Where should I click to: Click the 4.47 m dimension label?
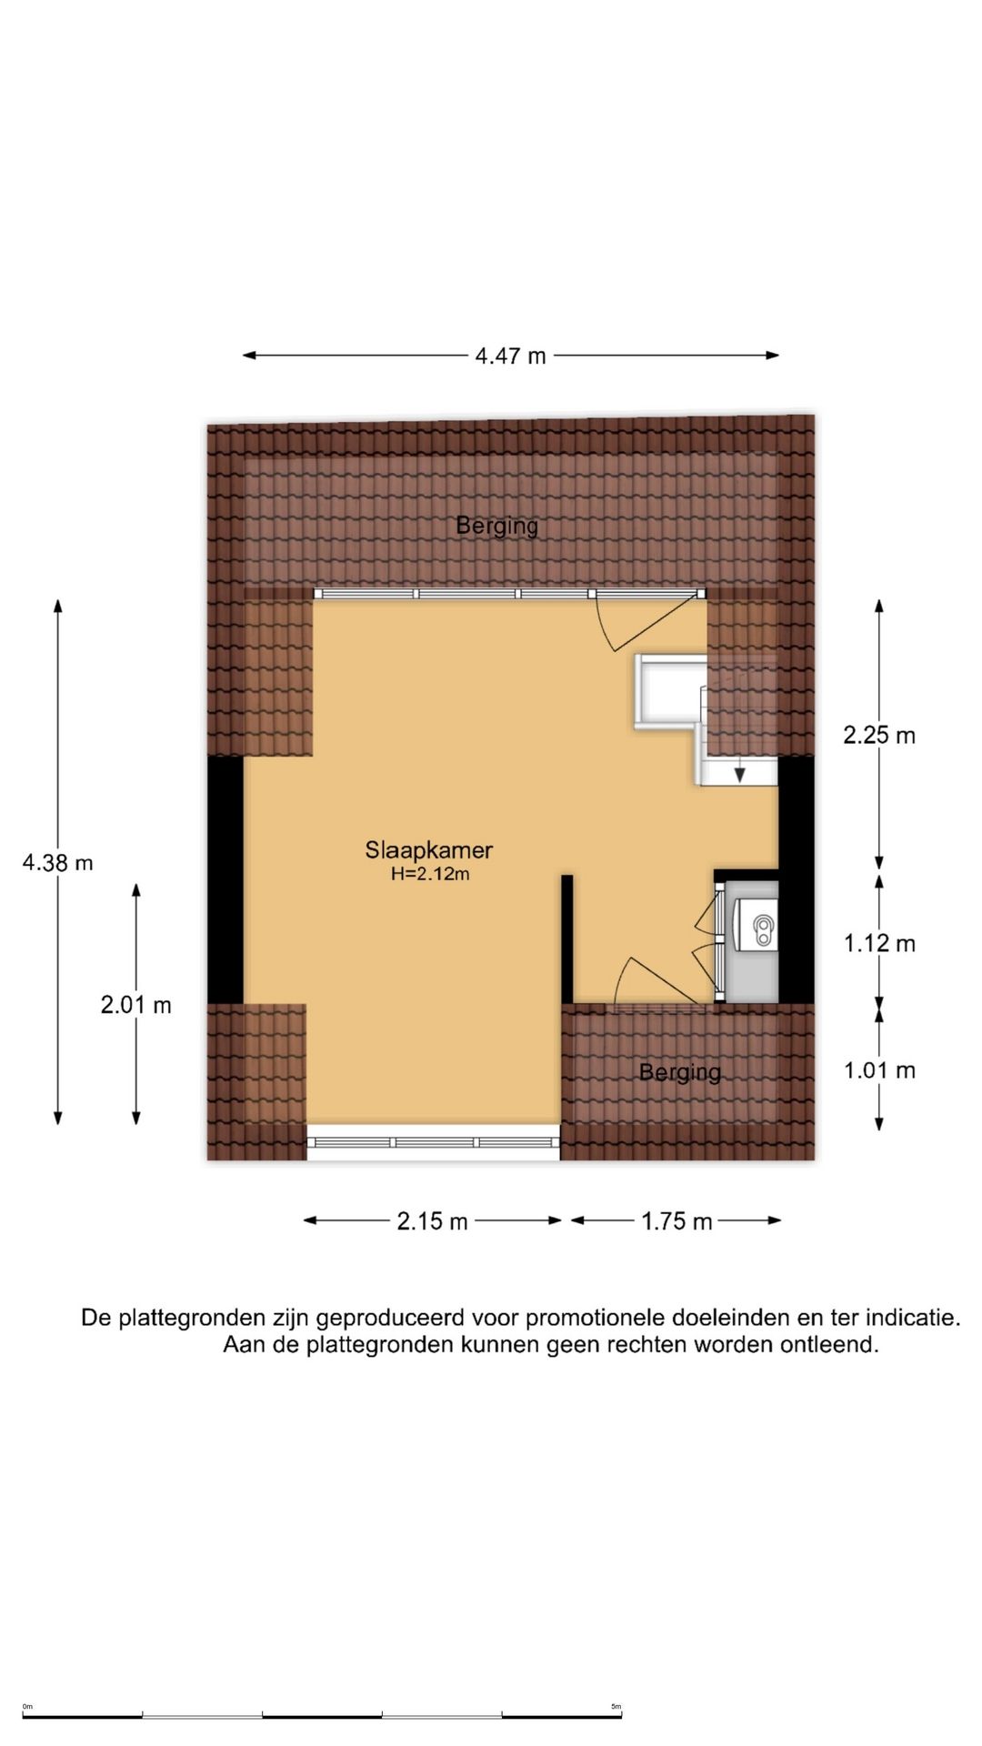click(x=510, y=356)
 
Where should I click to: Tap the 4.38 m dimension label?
click(x=57, y=862)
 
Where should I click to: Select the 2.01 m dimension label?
click(x=135, y=1005)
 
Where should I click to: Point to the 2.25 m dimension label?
click(x=878, y=735)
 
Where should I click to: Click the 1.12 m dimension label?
click(x=878, y=943)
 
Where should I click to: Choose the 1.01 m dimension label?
click(x=878, y=1070)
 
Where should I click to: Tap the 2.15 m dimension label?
click(x=432, y=1221)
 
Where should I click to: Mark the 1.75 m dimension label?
click(x=676, y=1221)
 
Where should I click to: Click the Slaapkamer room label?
click(x=428, y=850)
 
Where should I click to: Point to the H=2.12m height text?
click(x=430, y=875)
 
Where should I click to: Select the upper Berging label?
click(x=496, y=525)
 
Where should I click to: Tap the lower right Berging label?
click(x=679, y=1072)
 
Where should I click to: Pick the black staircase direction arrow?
click(x=740, y=775)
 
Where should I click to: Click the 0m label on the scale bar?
click(x=27, y=1707)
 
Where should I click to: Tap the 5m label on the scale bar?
click(x=616, y=1707)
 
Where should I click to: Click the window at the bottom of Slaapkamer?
click(x=433, y=1142)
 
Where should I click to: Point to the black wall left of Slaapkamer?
click(x=225, y=879)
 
